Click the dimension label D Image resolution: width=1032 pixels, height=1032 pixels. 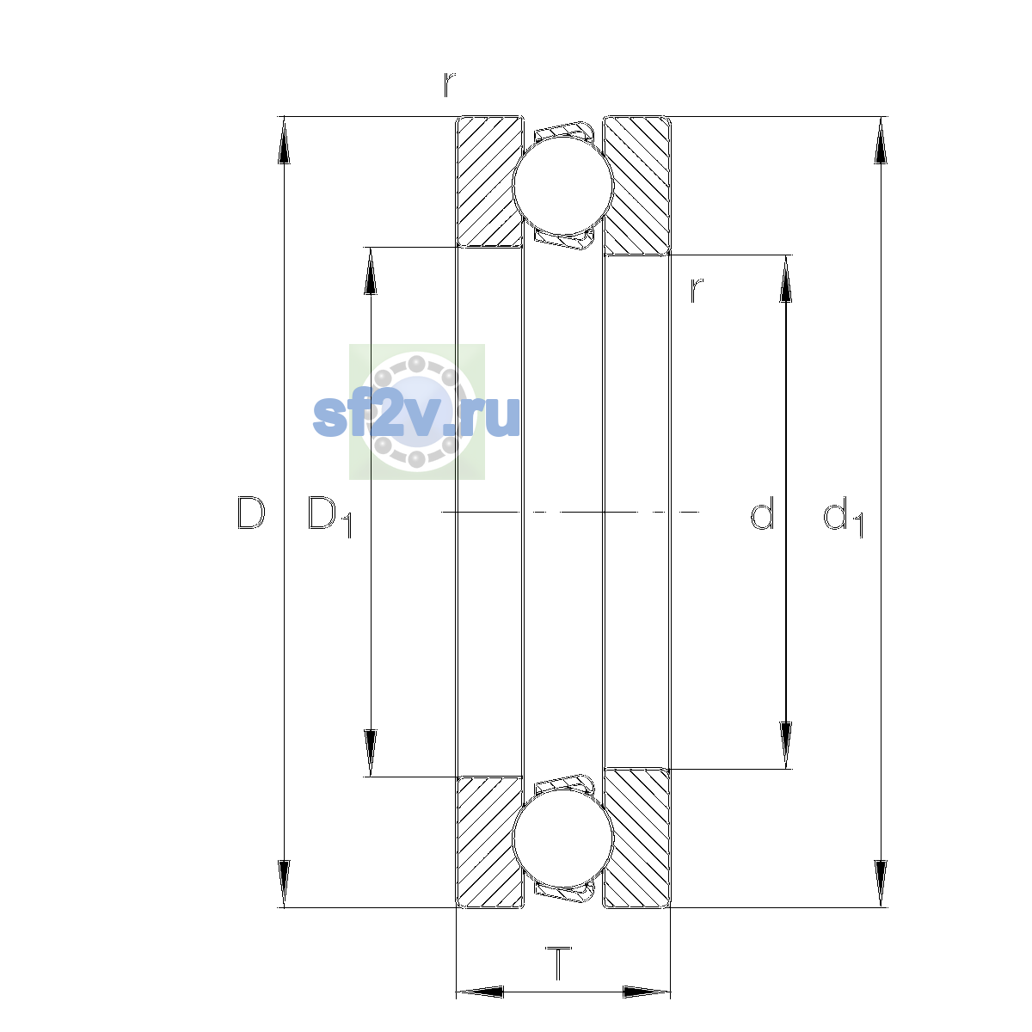tap(250, 513)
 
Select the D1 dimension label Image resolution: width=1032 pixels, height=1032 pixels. tap(329, 516)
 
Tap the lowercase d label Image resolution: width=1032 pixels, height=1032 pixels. tap(762, 513)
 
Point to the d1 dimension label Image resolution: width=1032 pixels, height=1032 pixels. tap(843, 516)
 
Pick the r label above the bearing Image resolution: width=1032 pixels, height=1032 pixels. tap(449, 85)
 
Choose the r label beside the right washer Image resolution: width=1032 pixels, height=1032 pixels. tap(697, 291)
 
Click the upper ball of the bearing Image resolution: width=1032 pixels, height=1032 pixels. tap(562, 185)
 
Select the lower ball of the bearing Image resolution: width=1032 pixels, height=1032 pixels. tap(562, 838)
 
